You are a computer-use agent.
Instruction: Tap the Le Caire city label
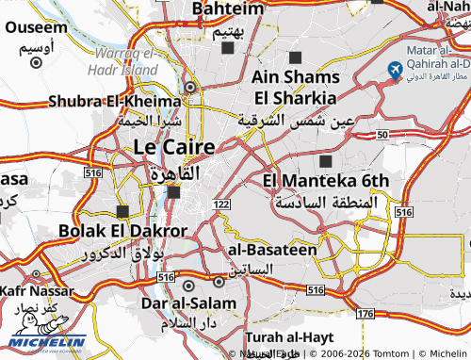coord(173,147)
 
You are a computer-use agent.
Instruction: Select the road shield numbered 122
coord(222,205)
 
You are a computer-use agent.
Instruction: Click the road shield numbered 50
coord(382,136)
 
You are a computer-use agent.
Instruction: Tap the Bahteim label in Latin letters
coord(228,8)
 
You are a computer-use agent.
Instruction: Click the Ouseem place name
coord(36,27)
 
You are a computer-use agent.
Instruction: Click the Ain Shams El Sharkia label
coord(294,87)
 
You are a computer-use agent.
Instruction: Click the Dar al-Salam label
coord(187,303)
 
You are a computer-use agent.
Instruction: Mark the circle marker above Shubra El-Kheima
coord(190,87)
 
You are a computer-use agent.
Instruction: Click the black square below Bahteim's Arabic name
coord(227,47)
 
